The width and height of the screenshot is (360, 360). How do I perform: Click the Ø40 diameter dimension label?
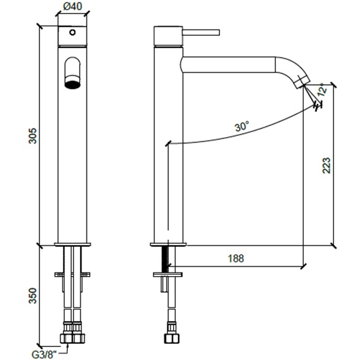pos(72,6)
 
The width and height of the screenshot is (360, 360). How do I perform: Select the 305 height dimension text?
pos(33,136)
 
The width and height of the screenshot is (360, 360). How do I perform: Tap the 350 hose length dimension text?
pos(33,296)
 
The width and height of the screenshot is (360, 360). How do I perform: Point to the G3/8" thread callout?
pos(44,354)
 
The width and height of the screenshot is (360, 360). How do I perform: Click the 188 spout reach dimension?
pos(236,259)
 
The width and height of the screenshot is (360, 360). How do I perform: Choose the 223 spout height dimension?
pos(327,165)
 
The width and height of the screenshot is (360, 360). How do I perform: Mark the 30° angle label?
pos(242,126)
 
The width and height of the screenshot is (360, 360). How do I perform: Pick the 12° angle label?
pos(322,90)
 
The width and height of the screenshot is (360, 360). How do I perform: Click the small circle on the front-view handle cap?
pos(72,32)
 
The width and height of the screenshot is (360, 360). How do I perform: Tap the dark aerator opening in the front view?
pos(72,85)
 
